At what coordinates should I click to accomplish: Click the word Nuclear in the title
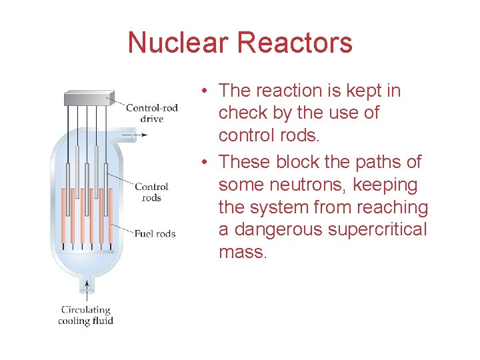[178, 43]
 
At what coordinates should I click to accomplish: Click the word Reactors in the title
[295, 43]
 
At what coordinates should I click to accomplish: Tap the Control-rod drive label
[152, 113]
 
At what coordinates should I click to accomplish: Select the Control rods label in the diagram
[151, 192]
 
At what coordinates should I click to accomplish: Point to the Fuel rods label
[155, 233]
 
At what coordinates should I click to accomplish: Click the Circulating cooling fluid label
[87, 315]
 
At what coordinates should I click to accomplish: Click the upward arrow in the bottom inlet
[86, 290]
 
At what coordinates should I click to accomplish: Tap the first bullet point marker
[209, 91]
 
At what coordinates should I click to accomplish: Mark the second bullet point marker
[209, 163]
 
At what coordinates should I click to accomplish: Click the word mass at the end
[241, 253]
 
